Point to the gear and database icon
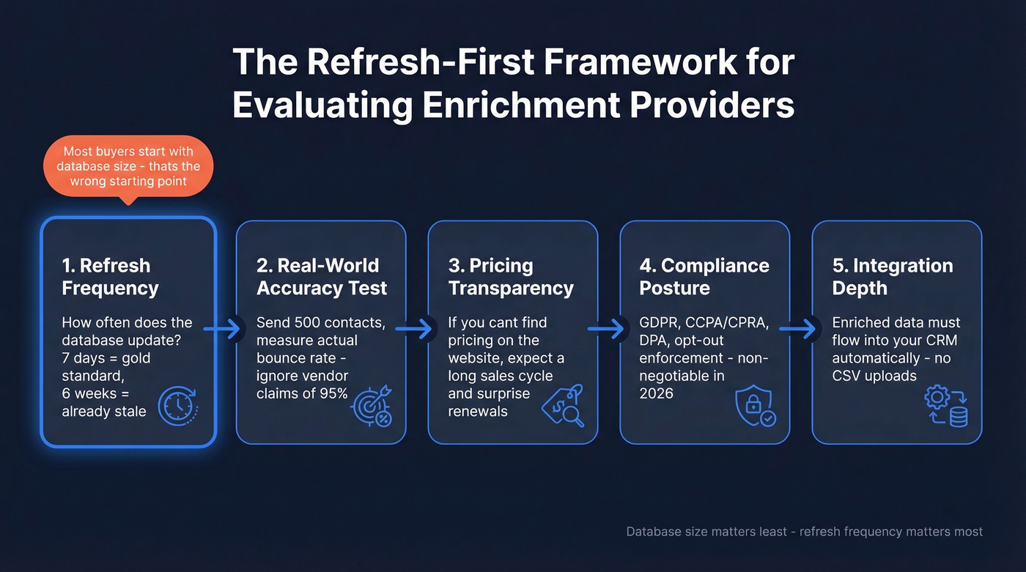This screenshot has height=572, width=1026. click(946, 407)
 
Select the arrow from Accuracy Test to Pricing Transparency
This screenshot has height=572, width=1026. click(417, 329)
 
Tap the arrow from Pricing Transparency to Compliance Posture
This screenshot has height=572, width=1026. click(609, 329)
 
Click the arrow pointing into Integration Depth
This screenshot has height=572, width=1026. click(801, 329)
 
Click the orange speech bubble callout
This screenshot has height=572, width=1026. click(128, 166)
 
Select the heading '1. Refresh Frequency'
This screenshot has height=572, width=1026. click(110, 277)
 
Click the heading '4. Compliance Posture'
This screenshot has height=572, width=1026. click(704, 277)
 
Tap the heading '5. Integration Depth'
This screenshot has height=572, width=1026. click(893, 277)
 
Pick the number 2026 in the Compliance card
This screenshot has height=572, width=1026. click(657, 394)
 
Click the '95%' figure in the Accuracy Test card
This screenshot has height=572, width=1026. click(332, 394)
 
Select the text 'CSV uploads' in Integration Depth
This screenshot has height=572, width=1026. click(874, 376)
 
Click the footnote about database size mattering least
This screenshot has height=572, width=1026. click(804, 532)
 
